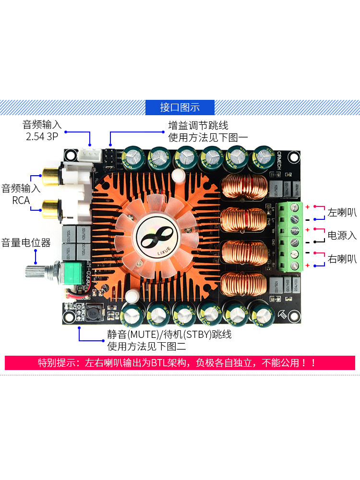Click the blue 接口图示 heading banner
(180, 108)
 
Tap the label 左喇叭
(342, 212)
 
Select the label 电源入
(342, 235)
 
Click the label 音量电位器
(26, 242)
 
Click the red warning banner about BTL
(180, 363)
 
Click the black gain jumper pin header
(109, 156)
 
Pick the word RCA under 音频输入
(21, 200)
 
